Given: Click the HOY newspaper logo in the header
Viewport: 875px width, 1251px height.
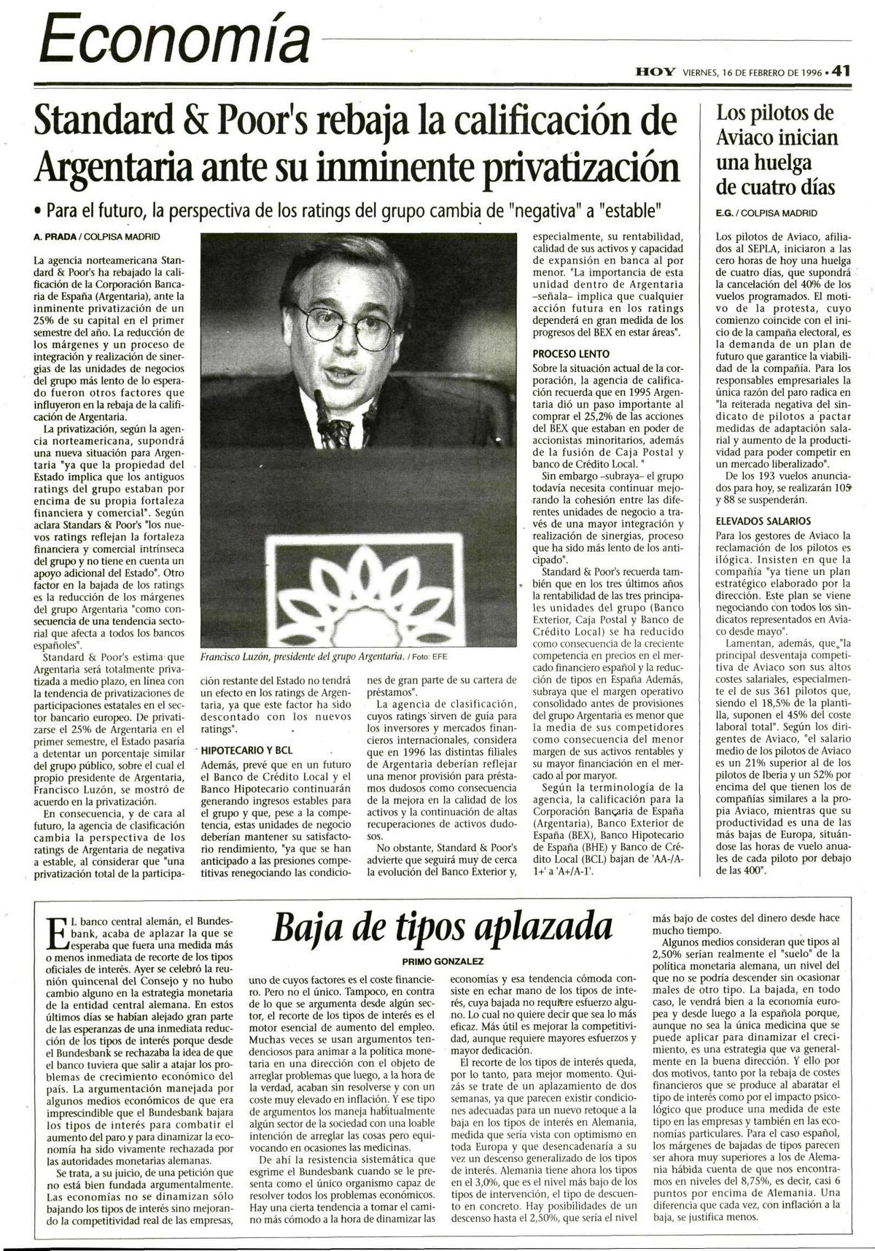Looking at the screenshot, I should point(655,72).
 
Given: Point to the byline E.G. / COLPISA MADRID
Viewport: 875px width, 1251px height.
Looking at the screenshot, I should point(766,213).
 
